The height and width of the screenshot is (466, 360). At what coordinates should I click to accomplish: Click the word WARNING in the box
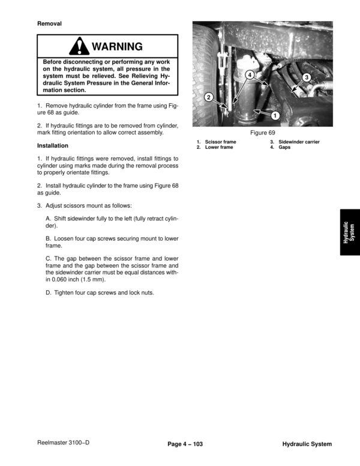point(117,47)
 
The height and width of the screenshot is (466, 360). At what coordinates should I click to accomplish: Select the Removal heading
point(50,23)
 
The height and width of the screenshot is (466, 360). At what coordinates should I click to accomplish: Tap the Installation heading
point(53,146)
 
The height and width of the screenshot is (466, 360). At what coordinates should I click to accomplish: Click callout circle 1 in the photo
point(274,115)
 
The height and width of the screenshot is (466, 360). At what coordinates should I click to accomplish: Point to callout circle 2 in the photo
point(208,97)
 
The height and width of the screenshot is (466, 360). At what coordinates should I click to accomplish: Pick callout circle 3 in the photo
point(306,77)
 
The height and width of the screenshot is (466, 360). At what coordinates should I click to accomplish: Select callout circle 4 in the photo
point(250,75)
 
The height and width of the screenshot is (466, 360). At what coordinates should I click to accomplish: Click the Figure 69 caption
point(262,133)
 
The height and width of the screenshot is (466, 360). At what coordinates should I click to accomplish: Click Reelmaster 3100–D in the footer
point(63,443)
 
